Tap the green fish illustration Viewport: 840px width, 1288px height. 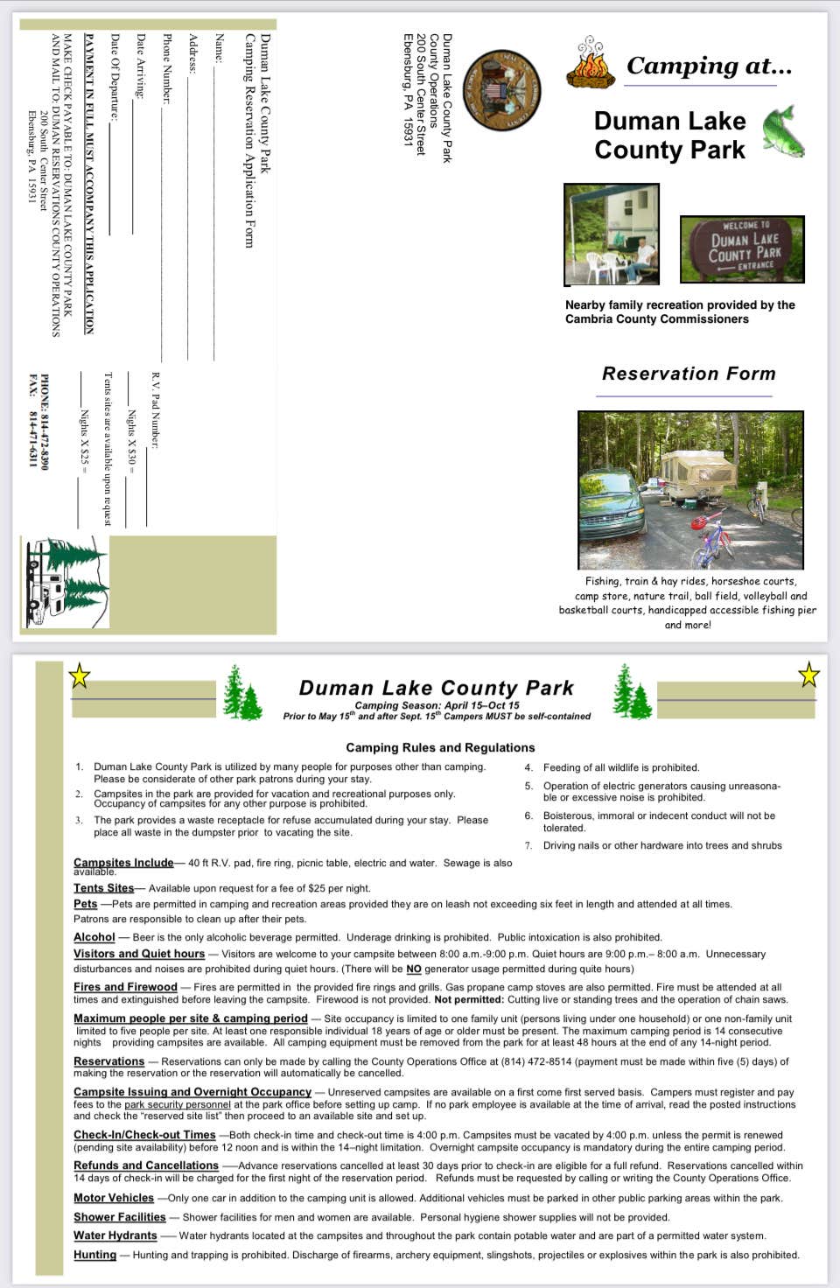[x=783, y=132]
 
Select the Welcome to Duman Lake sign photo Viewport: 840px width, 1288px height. [x=742, y=249]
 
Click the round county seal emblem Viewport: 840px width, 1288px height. [x=502, y=91]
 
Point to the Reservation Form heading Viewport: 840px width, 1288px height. [x=689, y=374]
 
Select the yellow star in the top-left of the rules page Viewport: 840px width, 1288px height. [x=80, y=675]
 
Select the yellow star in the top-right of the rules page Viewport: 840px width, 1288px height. [x=809, y=675]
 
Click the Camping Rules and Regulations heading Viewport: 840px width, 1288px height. [x=440, y=747]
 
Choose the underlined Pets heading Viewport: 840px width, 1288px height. [x=86, y=904]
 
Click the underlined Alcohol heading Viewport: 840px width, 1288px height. [x=94, y=937]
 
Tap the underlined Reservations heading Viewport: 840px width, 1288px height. [x=108, y=1061]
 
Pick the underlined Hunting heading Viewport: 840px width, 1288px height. [x=94, y=1255]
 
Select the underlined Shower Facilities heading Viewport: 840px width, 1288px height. [x=119, y=1217]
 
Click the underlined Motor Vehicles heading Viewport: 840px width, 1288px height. [x=114, y=1198]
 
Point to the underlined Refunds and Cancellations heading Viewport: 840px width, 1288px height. [x=146, y=1165]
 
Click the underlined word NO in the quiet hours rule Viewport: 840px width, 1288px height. [x=414, y=969]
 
